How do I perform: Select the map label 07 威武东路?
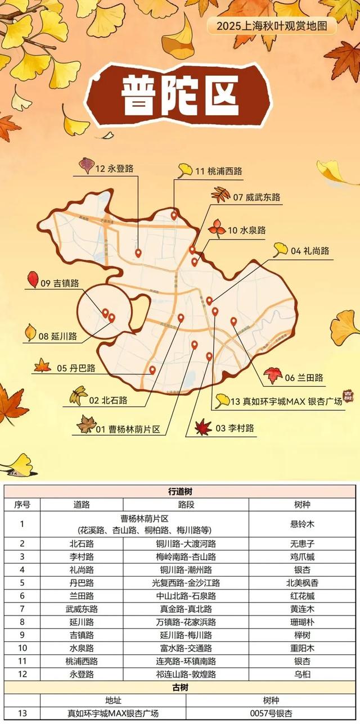(x=256, y=197)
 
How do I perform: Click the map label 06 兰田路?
(x=304, y=377)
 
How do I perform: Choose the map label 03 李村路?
(x=235, y=428)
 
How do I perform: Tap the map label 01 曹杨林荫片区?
(x=128, y=429)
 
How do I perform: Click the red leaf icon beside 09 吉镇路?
(x=33, y=279)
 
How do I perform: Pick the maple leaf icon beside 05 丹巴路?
(x=42, y=366)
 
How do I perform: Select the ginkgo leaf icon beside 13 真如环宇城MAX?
(x=223, y=400)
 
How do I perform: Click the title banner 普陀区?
(x=178, y=93)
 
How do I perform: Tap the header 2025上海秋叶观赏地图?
(x=272, y=26)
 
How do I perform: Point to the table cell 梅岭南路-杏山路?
(x=186, y=556)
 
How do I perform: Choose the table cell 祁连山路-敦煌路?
(x=186, y=674)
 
